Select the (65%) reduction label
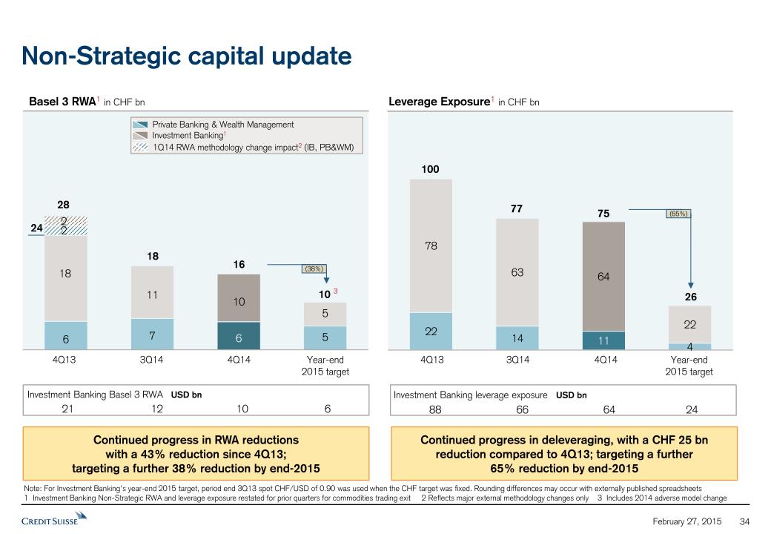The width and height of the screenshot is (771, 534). coord(678,214)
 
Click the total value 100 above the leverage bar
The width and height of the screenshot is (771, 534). coord(430,170)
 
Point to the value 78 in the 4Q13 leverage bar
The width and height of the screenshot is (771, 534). coord(431,244)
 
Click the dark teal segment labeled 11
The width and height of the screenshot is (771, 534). coord(603,340)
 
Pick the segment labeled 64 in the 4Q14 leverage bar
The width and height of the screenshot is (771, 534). coord(603,276)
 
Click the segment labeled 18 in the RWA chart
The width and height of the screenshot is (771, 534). coord(65,274)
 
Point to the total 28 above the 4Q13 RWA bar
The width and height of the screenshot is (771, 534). coord(64,204)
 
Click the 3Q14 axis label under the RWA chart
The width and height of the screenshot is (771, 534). coord(151,360)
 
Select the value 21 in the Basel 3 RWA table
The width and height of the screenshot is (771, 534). coord(65,409)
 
